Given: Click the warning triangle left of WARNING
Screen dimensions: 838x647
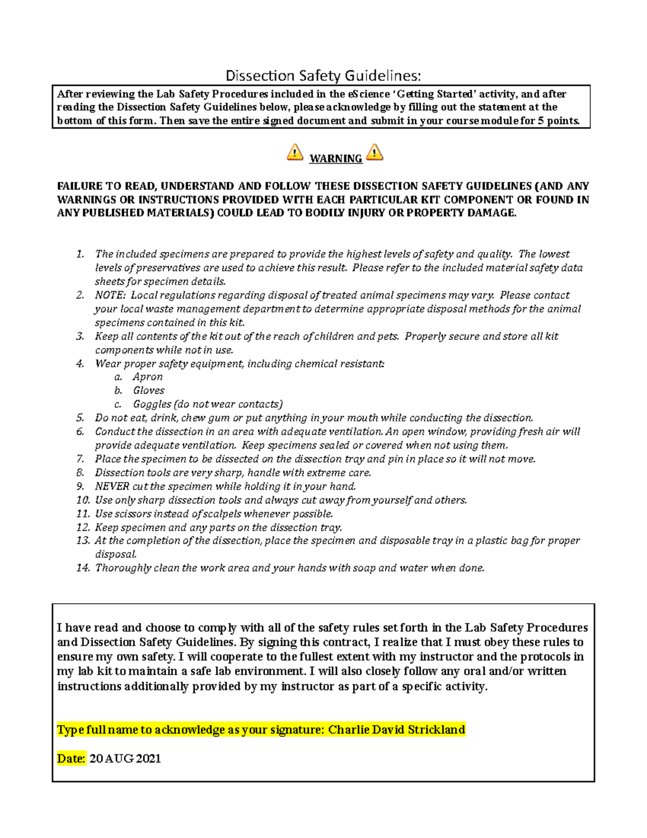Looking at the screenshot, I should pyautogui.click(x=295, y=153).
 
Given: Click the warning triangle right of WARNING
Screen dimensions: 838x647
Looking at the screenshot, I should pyautogui.click(x=375, y=153).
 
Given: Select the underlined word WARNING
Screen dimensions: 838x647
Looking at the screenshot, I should pyautogui.click(x=335, y=159).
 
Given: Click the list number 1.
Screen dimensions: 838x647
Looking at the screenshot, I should pyautogui.click(x=80, y=254).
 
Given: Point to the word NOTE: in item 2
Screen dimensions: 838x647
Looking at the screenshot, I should pyautogui.click(x=110, y=295).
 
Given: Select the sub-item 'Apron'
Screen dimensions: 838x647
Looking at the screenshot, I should pyautogui.click(x=148, y=377).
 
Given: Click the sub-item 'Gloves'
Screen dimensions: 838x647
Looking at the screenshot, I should pyautogui.click(x=149, y=390).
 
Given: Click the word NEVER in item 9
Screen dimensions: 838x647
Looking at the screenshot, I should pyautogui.click(x=112, y=486).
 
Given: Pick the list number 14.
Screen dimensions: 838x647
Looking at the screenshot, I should pyautogui.click(x=82, y=568).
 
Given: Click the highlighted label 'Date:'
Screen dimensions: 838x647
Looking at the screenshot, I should pyautogui.click(x=71, y=758).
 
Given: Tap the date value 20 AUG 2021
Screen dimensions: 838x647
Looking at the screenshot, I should pyautogui.click(x=125, y=758).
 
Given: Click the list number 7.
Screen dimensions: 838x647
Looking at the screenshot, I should pyautogui.click(x=80, y=459).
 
